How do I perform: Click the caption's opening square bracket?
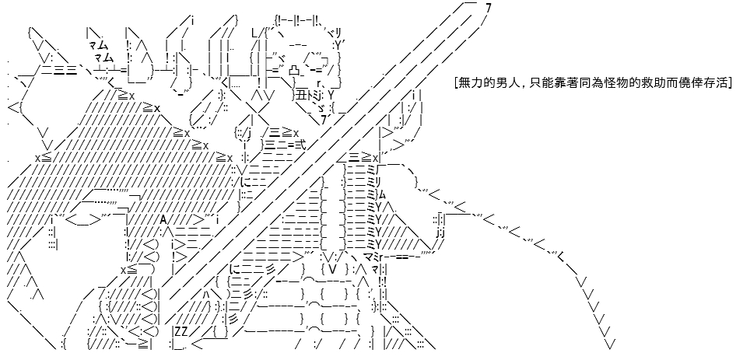(x=455, y=83)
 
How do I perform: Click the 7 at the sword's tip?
(x=489, y=8)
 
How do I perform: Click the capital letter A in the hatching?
(x=163, y=220)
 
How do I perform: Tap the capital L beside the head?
(x=254, y=33)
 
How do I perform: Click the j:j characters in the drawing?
(x=440, y=232)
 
